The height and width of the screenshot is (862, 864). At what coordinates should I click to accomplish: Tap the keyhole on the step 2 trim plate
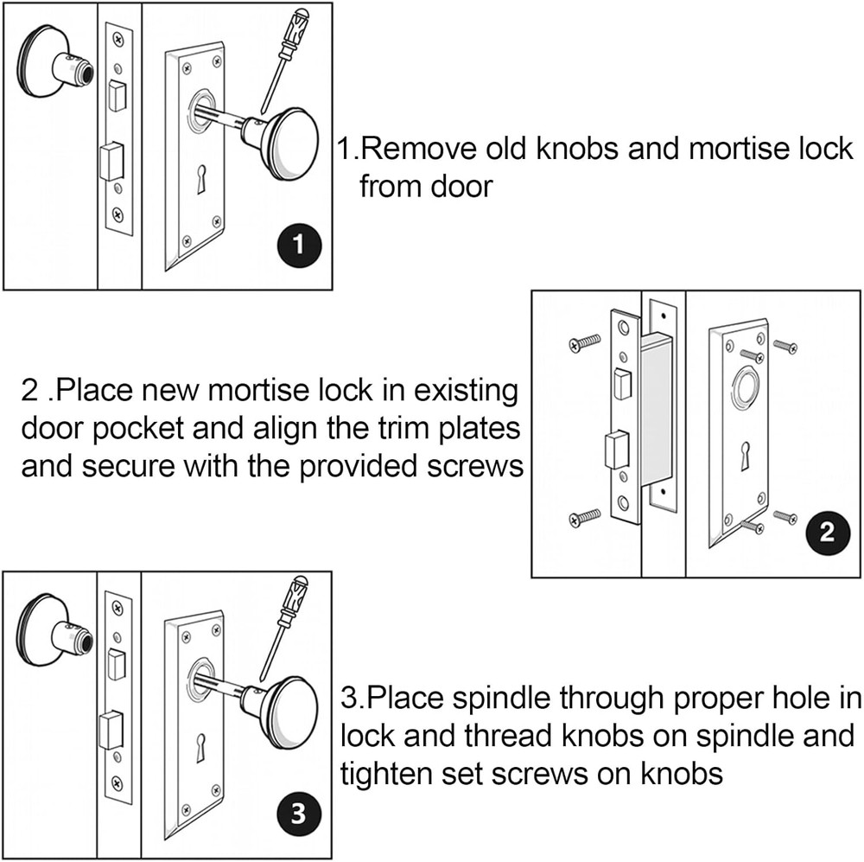click(744, 457)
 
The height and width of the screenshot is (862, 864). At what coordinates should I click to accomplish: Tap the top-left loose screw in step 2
click(584, 344)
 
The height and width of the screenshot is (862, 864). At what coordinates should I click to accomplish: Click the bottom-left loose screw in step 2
click(584, 519)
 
